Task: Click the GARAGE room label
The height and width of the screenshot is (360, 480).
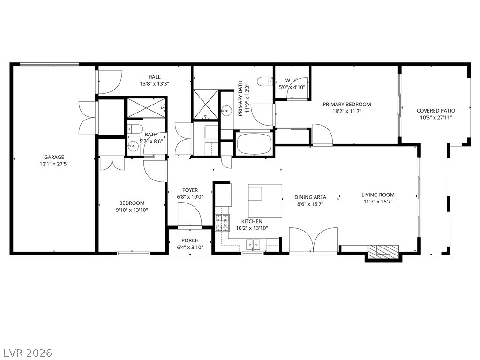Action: pos(54,157)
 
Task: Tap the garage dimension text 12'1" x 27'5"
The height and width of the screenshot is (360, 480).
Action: pos(54,164)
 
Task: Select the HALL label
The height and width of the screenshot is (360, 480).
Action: pos(154,77)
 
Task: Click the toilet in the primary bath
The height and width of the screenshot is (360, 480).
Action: pos(265,82)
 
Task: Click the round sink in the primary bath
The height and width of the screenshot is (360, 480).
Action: pos(227,109)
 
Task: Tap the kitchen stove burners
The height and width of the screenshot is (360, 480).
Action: pos(222,222)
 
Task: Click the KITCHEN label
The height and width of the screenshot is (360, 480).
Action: pos(252,221)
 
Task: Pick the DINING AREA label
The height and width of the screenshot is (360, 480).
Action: pos(310,197)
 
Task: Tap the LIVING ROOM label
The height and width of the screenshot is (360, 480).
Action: pos(378,195)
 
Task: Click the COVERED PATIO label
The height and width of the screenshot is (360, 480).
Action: pos(435,111)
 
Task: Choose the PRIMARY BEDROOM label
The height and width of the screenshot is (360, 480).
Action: pos(347,105)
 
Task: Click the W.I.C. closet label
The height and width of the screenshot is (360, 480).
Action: pos(292,80)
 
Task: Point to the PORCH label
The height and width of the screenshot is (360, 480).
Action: pos(190,240)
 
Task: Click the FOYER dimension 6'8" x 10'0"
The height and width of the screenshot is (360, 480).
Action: pos(190,197)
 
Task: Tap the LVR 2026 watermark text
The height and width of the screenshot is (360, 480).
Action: pos(26,352)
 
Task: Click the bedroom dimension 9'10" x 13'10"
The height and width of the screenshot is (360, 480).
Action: pos(132,210)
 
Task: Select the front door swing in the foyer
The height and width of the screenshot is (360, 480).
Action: pos(189,216)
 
